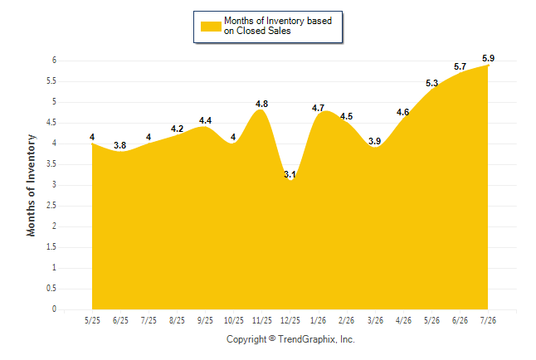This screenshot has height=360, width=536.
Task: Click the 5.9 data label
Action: pyautogui.click(x=488, y=58)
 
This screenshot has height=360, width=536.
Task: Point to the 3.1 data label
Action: pyautogui.click(x=290, y=174)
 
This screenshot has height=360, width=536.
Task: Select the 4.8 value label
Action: pyautogui.click(x=262, y=104)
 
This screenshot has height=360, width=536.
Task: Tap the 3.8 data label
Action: pyautogui.click(x=120, y=145)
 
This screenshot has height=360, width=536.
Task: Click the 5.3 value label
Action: pyautogui.click(x=431, y=83)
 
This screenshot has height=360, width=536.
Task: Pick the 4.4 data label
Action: pyautogui.click(x=206, y=120)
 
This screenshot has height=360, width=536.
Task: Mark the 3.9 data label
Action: pyautogui.click(x=375, y=141)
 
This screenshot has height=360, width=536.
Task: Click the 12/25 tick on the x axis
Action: pyautogui.click(x=290, y=320)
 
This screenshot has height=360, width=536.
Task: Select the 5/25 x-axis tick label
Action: pyautogui.click(x=92, y=320)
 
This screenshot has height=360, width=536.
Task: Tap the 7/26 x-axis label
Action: pyautogui.click(x=488, y=320)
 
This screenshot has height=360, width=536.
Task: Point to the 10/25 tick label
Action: pyautogui.click(x=234, y=320)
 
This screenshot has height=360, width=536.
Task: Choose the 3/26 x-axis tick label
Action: pyautogui.click(x=375, y=320)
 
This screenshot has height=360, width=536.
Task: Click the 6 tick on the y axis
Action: pyautogui.click(x=54, y=61)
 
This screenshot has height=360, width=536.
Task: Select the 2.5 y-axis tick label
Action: pyautogui.click(x=51, y=206)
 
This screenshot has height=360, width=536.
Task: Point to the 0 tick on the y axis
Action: pyautogui.click(x=54, y=309)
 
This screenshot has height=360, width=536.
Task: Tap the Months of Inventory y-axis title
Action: pyautogui.click(x=31, y=185)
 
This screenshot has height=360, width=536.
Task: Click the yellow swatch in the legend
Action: pyautogui.click(x=211, y=27)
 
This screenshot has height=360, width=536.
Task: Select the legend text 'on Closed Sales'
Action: pyautogui.click(x=257, y=32)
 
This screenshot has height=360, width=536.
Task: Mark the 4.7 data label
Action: pyautogui.click(x=319, y=108)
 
